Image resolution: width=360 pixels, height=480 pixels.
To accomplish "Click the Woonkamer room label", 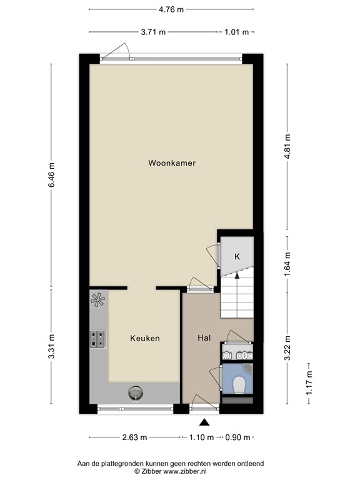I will click(x=172, y=163).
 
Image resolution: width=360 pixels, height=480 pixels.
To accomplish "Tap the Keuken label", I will click(x=145, y=338).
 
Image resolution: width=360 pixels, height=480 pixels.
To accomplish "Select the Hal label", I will click(x=203, y=338).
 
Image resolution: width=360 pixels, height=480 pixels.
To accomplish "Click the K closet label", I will click(x=237, y=257).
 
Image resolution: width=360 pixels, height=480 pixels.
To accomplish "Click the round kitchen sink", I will click(x=136, y=392).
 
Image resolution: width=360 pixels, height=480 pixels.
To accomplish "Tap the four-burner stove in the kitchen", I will click(x=98, y=338).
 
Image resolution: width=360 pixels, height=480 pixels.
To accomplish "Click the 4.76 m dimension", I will click(x=171, y=9).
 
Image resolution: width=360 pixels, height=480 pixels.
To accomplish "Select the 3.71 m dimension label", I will click(x=153, y=32).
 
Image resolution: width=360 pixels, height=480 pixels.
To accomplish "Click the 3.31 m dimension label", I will click(x=52, y=347).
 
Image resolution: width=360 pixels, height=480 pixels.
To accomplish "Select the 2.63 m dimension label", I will click(x=134, y=437).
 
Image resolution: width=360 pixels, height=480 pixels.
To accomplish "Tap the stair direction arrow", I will click(x=236, y=275).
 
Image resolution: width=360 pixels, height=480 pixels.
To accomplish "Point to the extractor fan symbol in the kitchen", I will click(x=98, y=301).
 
